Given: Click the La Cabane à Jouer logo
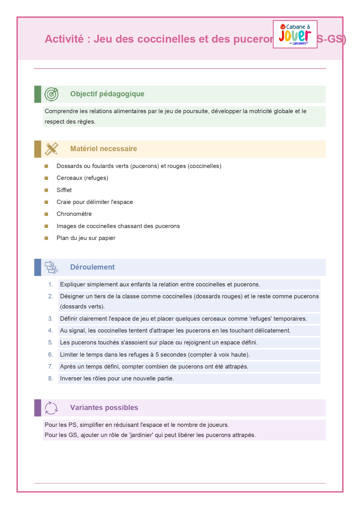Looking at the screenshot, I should [x=295, y=34].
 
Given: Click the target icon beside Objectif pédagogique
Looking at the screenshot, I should [x=51, y=94].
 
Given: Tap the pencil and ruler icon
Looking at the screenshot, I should [x=51, y=149].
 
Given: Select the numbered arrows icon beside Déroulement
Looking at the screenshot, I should [x=51, y=267].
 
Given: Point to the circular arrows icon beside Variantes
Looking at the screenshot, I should [x=51, y=408].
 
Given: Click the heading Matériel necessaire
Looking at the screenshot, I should [x=104, y=149].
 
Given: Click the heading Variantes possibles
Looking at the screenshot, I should [x=104, y=408].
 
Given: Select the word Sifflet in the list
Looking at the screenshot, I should [x=64, y=190].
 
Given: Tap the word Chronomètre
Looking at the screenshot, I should [x=74, y=214].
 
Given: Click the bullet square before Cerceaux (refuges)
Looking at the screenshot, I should [x=46, y=178].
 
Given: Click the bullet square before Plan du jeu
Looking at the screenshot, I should [x=46, y=238].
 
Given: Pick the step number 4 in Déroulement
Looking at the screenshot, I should [x=50, y=331].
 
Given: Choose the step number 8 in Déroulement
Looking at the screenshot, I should [x=50, y=379].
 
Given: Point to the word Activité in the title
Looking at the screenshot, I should [x=64, y=39].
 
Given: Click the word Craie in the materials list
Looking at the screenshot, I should [x=64, y=202].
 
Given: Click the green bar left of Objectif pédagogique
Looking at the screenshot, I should [x=38, y=94].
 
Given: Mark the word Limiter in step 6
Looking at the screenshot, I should [x=69, y=355].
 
